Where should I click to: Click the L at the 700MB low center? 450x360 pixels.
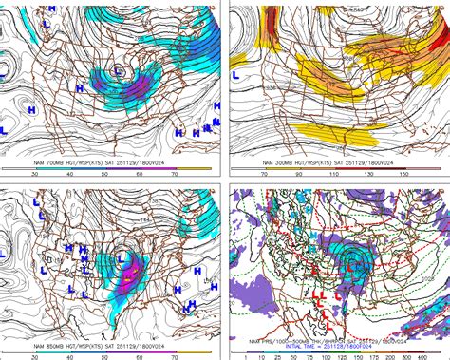point(117,69)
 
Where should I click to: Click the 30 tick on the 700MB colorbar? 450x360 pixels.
point(35,174)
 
